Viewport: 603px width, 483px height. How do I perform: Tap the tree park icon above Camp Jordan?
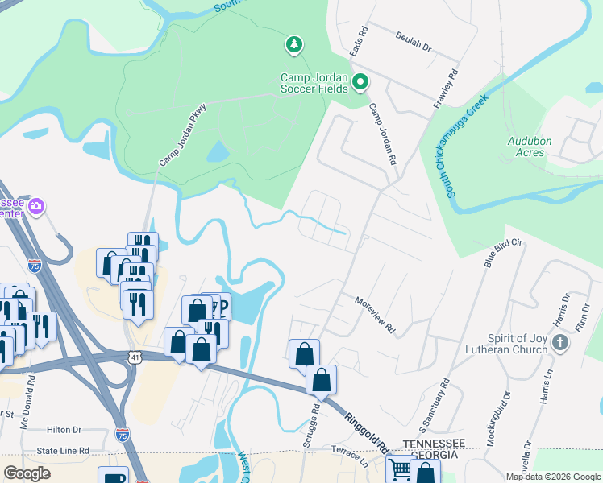pos(294,43)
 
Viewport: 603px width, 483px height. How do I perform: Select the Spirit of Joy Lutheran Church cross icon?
pos(562,343)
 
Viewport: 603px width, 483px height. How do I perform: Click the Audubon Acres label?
pos(529,147)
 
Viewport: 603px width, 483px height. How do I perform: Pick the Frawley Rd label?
pos(446,89)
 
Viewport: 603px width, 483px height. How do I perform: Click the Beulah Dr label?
pos(414,43)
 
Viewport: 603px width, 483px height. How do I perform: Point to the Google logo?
pos(27,473)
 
